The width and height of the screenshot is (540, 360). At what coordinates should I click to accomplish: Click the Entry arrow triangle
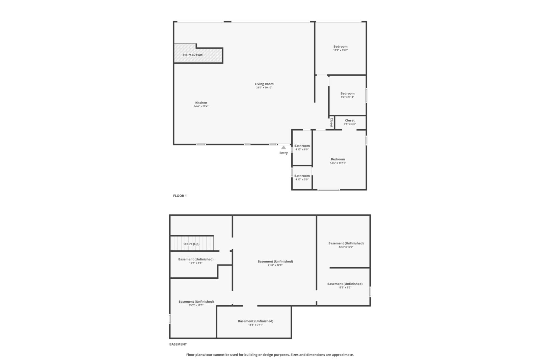pos(283,147)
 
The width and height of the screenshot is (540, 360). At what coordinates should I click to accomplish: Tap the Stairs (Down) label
pos(193,55)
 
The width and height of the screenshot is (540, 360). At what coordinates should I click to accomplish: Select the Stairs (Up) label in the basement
pos(191,244)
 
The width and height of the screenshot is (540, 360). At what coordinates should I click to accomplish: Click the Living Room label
pos(264,84)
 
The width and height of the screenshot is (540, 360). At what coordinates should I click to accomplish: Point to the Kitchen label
pos(201,103)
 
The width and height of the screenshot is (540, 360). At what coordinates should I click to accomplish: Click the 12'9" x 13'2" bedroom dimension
pos(341,50)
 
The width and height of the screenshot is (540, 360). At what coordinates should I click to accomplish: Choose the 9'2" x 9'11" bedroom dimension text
pos(347,97)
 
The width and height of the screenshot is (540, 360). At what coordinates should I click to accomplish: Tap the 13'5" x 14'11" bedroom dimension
pos(338,163)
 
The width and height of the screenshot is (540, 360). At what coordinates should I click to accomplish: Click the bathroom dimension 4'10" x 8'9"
pos(302,149)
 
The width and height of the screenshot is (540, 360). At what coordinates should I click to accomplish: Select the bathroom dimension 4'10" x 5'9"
pos(302,179)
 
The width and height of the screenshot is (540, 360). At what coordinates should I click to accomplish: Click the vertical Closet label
pos(331,122)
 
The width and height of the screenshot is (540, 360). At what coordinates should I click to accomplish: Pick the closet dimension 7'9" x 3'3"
pos(350,124)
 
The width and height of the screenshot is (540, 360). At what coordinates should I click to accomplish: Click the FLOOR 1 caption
pos(180,196)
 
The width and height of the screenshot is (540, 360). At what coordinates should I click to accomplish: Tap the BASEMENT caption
pos(178,344)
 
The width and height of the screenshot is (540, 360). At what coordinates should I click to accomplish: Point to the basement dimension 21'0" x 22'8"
pos(275,265)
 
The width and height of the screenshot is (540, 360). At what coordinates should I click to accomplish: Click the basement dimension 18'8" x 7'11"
pos(255,325)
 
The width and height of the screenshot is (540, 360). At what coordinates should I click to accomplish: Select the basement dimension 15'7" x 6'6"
pos(196,263)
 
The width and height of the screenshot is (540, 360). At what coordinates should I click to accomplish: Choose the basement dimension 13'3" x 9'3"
pos(345,287)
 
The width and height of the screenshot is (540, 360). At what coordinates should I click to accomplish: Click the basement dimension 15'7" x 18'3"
pos(196,305)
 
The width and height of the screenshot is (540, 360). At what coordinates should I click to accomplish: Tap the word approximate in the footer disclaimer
pos(343,355)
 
